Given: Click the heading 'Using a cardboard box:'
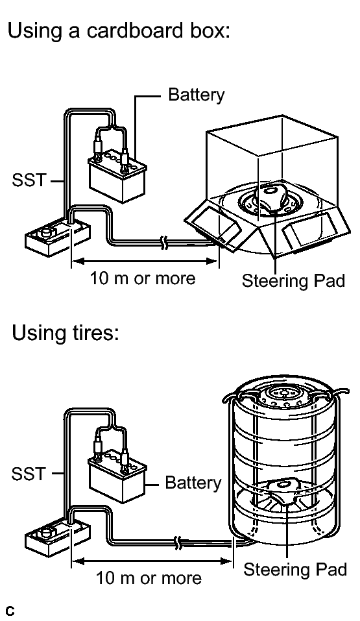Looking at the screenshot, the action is click(x=119, y=30).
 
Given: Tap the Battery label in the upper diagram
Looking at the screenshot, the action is click(x=196, y=95).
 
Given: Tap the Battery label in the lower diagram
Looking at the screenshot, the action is click(x=193, y=483).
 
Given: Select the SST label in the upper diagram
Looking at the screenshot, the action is click(x=29, y=180).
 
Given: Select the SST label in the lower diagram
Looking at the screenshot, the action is click(x=29, y=473).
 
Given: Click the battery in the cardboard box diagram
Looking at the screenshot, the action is click(x=117, y=175).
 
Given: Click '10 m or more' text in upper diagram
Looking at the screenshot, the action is click(x=143, y=278).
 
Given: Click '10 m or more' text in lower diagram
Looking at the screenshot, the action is click(x=149, y=578).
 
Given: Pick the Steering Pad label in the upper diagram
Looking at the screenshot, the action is click(x=293, y=281).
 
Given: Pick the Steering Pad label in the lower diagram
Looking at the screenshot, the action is click(x=295, y=570).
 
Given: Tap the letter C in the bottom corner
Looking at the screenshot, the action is click(x=10, y=611).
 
